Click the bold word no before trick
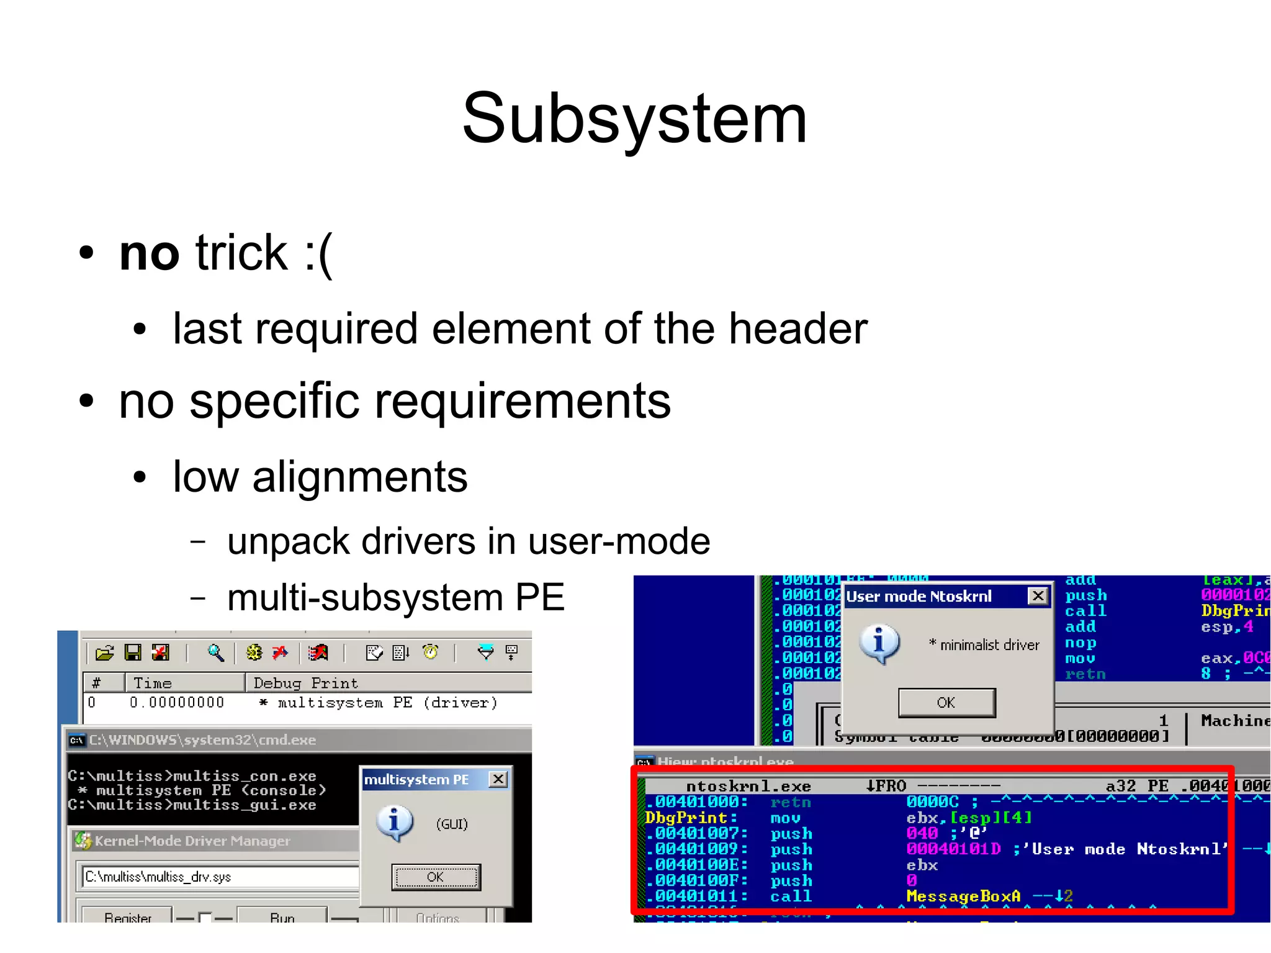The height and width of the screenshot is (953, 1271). (149, 253)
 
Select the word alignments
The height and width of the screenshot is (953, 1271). (359, 477)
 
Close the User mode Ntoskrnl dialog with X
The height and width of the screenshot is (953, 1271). (1038, 596)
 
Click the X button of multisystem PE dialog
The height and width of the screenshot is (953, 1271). (498, 779)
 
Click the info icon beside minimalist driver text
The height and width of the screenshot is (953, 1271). (879, 644)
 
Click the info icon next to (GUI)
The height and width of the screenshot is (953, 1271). (395, 823)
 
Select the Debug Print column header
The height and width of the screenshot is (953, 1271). (305, 683)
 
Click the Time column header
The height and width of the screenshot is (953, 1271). (153, 683)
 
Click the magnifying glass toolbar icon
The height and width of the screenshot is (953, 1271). (215, 653)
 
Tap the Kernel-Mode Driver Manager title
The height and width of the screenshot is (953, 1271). (192, 841)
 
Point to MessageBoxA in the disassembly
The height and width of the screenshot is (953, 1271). (963, 896)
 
